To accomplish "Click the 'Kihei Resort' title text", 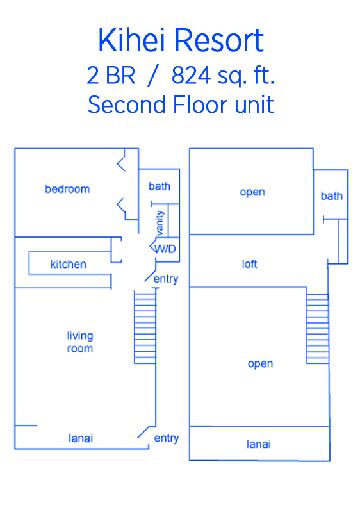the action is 181,40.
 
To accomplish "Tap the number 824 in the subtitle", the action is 191,75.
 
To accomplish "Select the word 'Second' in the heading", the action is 127,104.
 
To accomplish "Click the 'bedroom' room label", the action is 67,189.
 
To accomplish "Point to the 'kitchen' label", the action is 69,264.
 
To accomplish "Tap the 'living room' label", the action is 80,342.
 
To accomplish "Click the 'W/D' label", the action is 165,249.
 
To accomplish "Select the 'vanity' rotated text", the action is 160,222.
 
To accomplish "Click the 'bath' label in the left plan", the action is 160,186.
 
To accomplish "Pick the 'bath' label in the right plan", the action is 332,196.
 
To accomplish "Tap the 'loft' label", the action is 249,264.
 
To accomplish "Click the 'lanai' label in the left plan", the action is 81,438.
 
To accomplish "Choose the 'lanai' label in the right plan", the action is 259,444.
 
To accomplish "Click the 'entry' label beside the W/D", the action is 166,279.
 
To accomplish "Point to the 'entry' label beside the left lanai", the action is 167,438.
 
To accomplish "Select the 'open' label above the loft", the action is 252,192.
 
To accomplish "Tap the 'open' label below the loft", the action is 260,364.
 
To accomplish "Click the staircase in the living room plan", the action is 145,327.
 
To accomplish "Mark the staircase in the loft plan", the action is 318,329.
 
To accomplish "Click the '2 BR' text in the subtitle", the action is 111,75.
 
